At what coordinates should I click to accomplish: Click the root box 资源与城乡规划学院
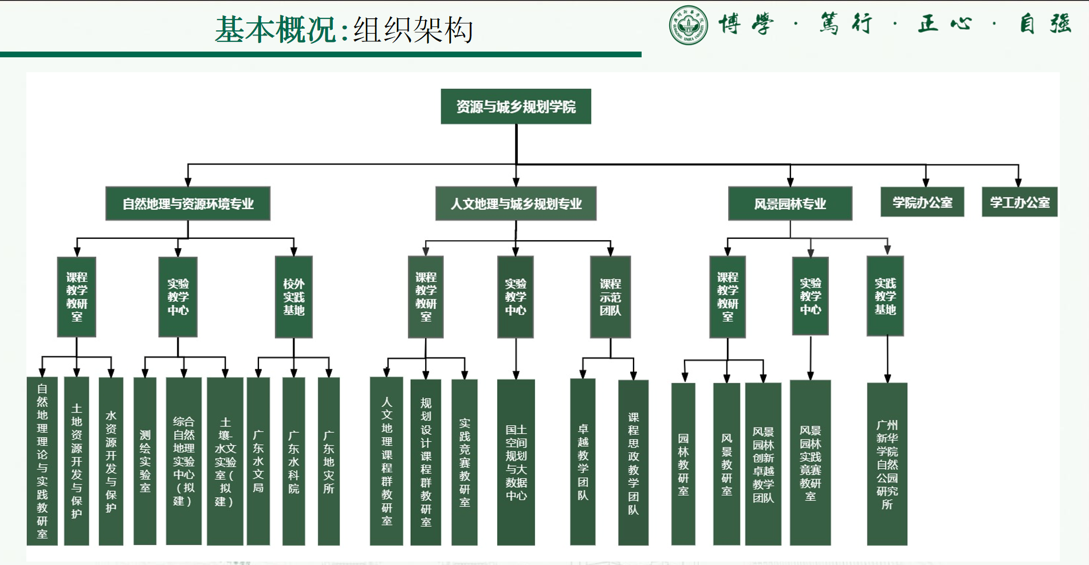tap(516, 107)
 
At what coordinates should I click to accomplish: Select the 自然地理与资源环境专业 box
tap(188, 203)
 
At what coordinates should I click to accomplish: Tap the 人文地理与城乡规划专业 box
tap(516, 203)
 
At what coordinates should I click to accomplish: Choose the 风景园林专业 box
tap(790, 203)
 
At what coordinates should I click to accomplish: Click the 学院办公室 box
tap(922, 202)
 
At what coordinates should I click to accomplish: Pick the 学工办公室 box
tap(1020, 202)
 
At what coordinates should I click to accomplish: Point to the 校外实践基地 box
tap(294, 297)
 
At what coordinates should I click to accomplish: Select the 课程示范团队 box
tap(610, 297)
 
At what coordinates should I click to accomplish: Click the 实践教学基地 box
tap(885, 296)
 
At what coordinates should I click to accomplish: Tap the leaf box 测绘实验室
tap(145, 461)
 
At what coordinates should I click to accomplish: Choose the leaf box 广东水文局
tap(258, 461)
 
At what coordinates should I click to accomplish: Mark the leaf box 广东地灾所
tap(329, 461)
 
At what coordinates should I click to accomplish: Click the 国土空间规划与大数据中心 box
tap(516, 462)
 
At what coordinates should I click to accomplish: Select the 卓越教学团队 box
tap(583, 462)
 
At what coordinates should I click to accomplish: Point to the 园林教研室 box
tap(683, 464)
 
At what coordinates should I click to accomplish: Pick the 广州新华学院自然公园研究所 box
tap(887, 464)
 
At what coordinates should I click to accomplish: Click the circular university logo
tap(688, 25)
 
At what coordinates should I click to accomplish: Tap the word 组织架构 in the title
tap(413, 30)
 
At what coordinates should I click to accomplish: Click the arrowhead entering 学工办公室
tap(1018, 182)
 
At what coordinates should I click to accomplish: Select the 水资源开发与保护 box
tap(111, 461)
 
